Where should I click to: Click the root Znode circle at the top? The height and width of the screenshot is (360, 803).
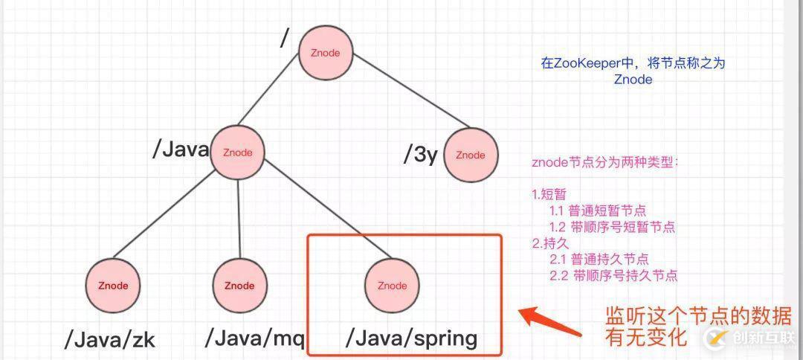[325, 54]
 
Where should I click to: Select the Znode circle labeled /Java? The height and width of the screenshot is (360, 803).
[238, 152]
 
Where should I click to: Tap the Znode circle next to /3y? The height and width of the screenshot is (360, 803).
[470, 155]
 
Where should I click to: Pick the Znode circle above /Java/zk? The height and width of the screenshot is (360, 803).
[114, 286]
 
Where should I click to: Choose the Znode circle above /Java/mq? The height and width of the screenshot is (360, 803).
[239, 286]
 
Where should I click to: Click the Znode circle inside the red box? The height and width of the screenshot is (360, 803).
[392, 286]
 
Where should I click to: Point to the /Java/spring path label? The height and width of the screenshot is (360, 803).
[411, 338]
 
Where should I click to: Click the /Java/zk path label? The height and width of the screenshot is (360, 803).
[110, 341]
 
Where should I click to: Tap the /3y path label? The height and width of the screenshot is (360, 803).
[420, 155]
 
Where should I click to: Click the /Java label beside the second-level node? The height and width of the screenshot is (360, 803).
[181, 150]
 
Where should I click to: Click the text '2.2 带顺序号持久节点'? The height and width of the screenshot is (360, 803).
[613, 275]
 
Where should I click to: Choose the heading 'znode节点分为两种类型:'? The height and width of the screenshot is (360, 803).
[605, 162]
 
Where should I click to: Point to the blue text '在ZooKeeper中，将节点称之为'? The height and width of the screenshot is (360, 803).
[633, 63]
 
